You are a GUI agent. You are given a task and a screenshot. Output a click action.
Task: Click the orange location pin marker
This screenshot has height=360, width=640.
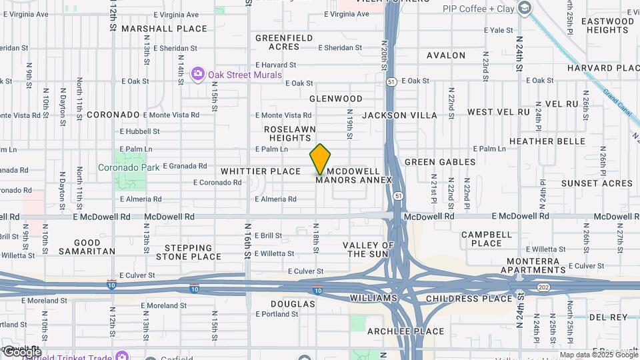point(320,159)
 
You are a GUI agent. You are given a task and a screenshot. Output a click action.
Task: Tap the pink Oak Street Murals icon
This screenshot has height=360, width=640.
point(197,74)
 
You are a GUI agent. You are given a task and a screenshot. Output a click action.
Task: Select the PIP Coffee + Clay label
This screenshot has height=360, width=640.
point(479,8)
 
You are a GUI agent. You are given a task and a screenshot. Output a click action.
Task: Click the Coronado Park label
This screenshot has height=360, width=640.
point(129,167)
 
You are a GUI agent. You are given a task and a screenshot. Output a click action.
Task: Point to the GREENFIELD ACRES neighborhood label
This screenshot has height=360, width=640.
point(283,43)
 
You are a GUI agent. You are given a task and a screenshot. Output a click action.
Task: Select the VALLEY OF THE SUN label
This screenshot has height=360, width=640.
point(369,249)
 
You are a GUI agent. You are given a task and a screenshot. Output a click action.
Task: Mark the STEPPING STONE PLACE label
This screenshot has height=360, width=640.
point(189,252)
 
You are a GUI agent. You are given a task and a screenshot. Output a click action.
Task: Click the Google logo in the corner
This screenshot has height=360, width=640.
point(21,351)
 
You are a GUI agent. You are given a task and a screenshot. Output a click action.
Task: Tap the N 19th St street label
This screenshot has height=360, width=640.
point(349,125)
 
